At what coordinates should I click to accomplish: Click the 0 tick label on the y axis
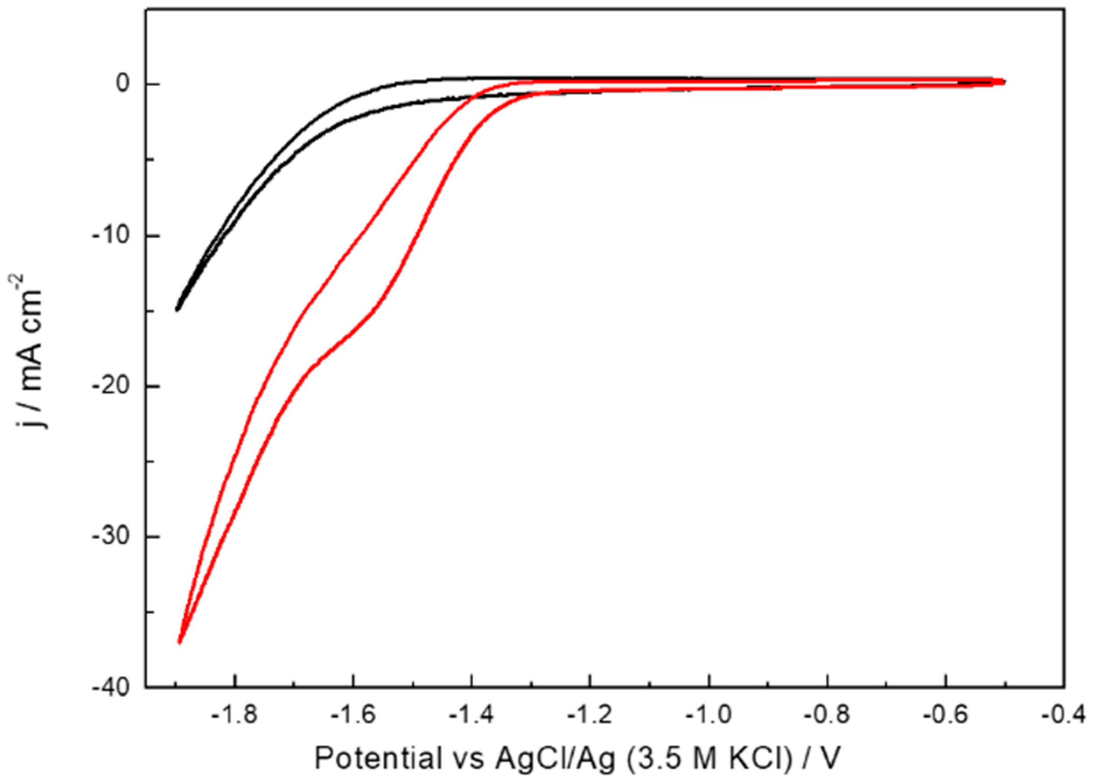pyautogui.click(x=123, y=84)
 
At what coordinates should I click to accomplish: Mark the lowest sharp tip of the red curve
pyautogui.click(x=179, y=642)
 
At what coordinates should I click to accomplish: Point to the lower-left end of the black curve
pyautogui.click(x=177, y=309)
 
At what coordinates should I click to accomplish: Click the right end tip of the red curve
pyautogui.click(x=1004, y=81)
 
